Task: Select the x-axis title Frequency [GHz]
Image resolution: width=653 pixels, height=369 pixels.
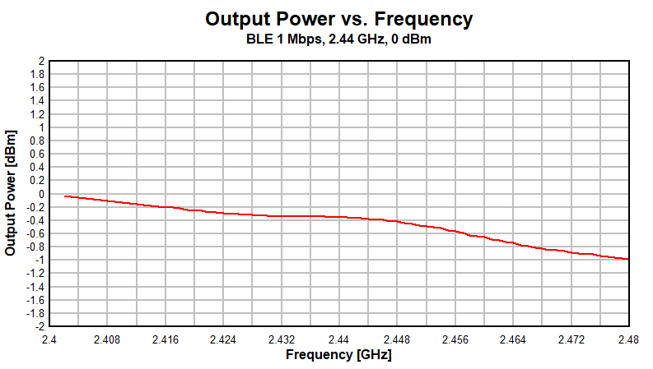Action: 338,355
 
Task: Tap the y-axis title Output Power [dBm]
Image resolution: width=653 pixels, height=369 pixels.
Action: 11,191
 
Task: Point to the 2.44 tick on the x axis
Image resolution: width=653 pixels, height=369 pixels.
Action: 338,339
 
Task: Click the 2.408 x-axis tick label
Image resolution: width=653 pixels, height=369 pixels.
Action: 107,339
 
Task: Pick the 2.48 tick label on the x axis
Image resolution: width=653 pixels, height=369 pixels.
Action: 628,339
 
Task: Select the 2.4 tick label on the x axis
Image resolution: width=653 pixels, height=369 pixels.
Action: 49,339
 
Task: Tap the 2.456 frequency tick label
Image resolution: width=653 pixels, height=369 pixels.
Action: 455,339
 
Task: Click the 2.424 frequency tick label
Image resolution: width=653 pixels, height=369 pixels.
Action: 223,339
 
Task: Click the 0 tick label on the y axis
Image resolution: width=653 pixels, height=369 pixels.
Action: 41,194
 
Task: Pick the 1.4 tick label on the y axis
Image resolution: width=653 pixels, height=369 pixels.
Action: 37,101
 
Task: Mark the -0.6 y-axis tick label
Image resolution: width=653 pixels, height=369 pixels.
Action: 35,233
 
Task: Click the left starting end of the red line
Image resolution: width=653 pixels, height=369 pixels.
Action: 65,196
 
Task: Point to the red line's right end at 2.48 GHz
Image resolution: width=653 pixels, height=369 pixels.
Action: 627,259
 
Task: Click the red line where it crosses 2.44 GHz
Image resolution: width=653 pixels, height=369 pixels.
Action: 338,217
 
